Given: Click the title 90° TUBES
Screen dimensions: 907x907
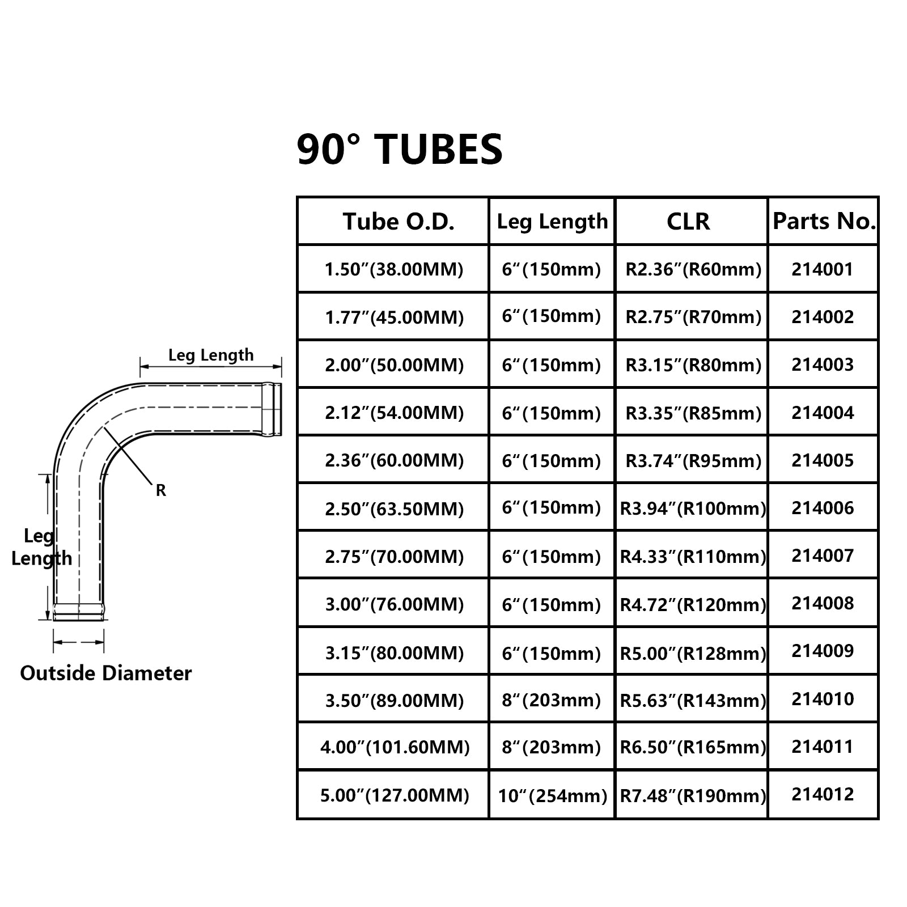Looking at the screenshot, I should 400,150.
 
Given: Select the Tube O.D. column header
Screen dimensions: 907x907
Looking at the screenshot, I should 399,222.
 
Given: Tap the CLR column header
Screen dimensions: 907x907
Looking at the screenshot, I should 688,222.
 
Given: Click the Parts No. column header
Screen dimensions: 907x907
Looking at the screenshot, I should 824,221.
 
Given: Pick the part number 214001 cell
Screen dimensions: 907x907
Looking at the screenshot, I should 823,269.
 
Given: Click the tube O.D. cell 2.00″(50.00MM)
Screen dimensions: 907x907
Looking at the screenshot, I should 394,365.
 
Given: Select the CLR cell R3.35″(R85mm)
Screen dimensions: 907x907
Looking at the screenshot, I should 693,413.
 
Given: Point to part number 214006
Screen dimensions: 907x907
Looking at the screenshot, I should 823,508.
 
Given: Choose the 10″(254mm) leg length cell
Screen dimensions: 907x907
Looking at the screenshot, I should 552,796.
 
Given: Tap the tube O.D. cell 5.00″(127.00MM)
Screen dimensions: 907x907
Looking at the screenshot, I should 395,795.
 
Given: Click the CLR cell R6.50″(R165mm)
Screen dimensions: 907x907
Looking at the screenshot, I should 693,747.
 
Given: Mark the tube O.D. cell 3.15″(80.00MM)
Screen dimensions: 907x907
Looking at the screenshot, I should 394,653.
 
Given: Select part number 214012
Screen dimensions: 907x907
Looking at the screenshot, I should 823,795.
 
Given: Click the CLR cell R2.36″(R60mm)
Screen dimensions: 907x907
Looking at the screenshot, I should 693,269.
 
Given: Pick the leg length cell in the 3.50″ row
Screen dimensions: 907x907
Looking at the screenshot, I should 551,701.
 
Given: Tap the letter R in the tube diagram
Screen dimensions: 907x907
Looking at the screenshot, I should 161,490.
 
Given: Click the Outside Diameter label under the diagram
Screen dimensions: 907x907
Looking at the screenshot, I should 106,673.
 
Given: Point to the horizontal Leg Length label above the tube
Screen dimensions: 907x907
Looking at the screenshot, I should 211,355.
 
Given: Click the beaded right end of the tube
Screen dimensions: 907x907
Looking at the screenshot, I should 272,409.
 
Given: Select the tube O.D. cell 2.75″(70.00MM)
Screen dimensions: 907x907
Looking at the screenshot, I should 394,557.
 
